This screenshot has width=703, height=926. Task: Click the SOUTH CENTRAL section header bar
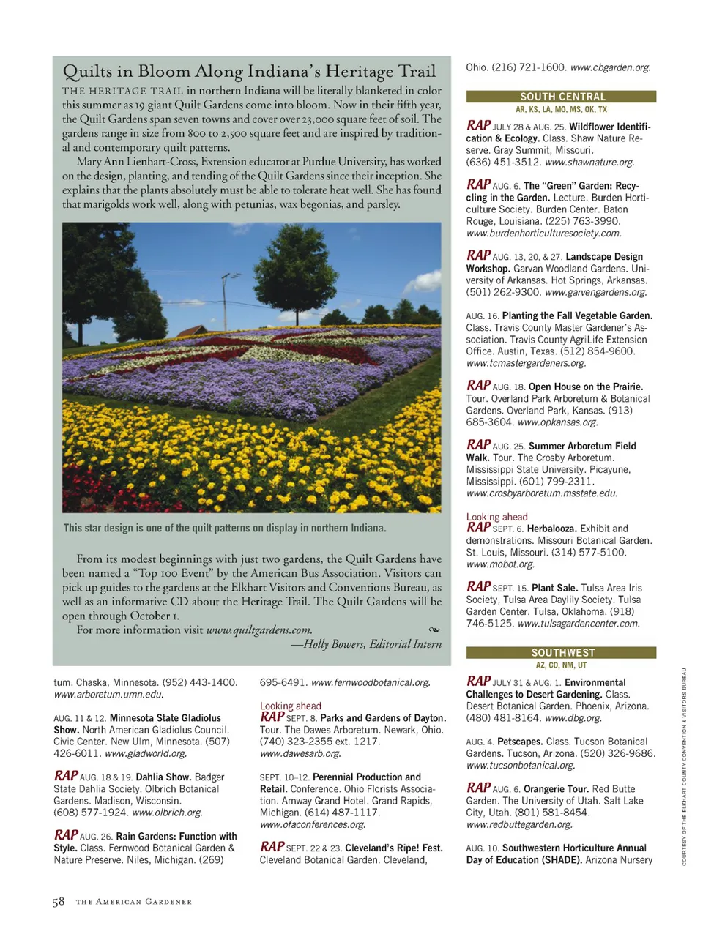[562, 97]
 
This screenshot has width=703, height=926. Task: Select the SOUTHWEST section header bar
[562, 652]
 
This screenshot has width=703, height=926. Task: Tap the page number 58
[59, 902]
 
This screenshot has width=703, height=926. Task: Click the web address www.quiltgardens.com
[258, 630]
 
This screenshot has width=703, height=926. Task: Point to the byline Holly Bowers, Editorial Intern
[372, 644]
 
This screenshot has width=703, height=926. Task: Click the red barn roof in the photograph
[192, 331]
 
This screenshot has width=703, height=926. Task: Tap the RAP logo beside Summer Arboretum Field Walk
[478, 444]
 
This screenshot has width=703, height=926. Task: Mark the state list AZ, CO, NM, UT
[561, 665]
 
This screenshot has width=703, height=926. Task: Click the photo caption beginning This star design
[225, 528]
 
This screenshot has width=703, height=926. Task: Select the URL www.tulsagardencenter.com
[579, 624]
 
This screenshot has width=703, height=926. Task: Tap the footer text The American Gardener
[134, 902]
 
